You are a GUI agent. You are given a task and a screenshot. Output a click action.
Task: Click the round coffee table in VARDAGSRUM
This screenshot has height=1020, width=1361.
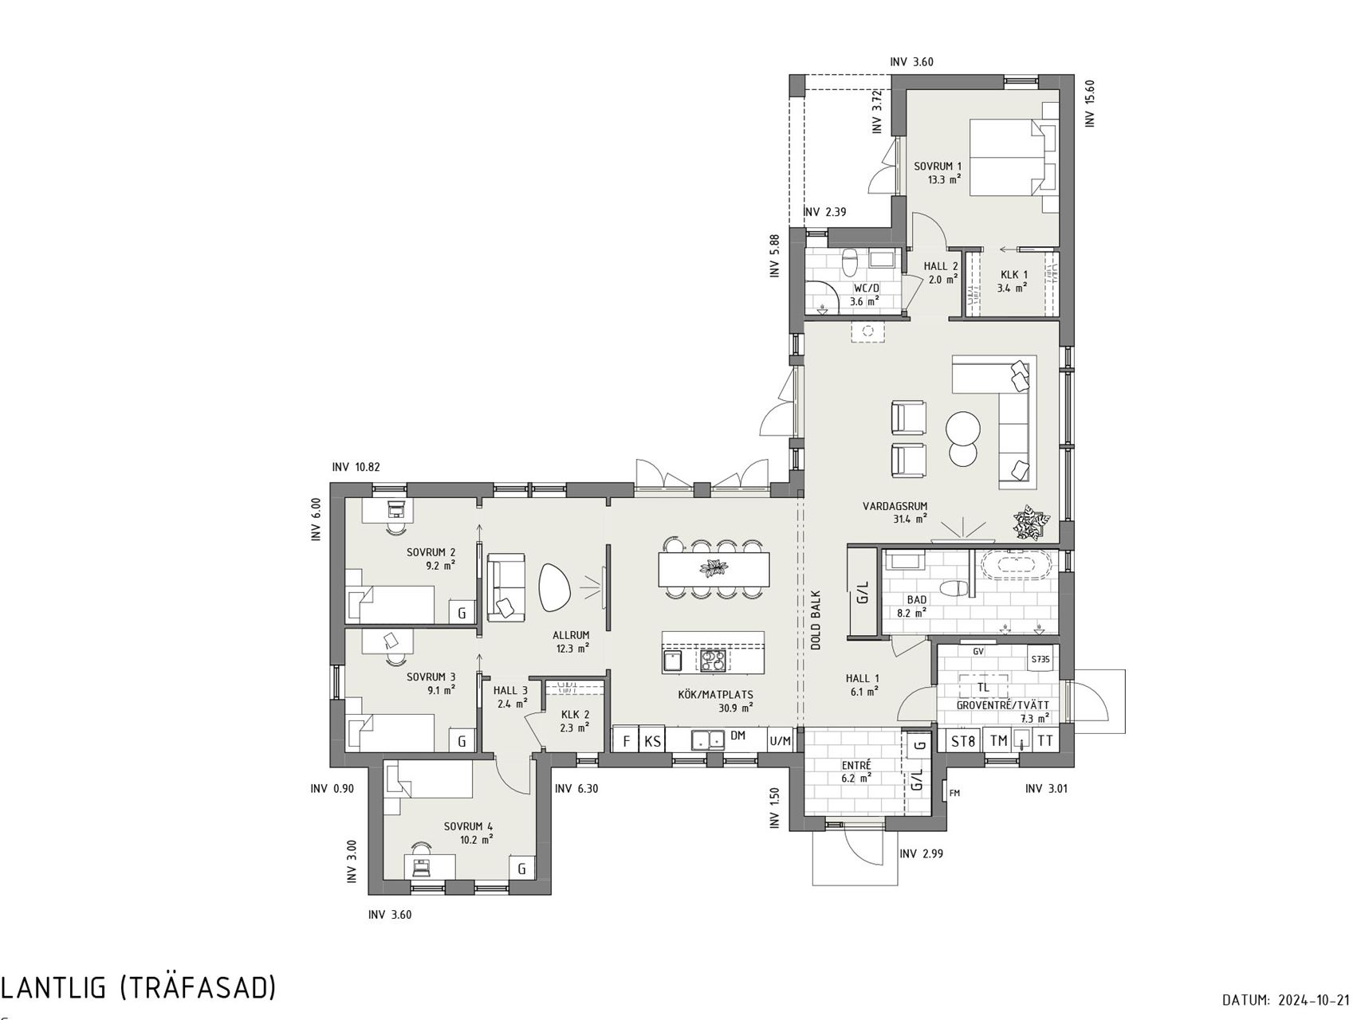point(964,438)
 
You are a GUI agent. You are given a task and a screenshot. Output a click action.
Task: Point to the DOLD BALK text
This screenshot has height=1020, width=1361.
point(816,620)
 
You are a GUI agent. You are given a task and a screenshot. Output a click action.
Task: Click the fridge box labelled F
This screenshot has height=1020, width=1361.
point(627,741)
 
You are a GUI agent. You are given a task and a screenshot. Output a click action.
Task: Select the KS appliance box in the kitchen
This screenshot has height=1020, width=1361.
point(652,741)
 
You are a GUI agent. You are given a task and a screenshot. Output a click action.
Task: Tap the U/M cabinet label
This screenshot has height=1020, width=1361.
point(781,741)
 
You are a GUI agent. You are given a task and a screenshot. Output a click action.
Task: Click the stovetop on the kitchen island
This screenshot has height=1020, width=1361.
point(713,661)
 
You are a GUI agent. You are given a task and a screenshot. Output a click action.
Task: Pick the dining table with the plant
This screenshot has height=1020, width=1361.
point(714,569)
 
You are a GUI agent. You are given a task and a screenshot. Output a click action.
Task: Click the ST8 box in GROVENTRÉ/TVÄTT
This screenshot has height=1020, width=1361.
point(963,741)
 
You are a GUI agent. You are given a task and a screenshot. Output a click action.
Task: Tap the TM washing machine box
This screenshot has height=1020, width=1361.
point(998,741)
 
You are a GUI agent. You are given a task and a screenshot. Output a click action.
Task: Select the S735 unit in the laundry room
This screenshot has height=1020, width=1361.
point(1040,660)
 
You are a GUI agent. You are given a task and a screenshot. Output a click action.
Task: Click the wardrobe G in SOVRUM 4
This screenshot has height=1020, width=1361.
point(521,869)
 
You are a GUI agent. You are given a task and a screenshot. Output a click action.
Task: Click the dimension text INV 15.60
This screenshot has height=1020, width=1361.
point(1090,103)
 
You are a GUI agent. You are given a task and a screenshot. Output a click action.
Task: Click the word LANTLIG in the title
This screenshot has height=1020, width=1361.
point(53,987)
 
